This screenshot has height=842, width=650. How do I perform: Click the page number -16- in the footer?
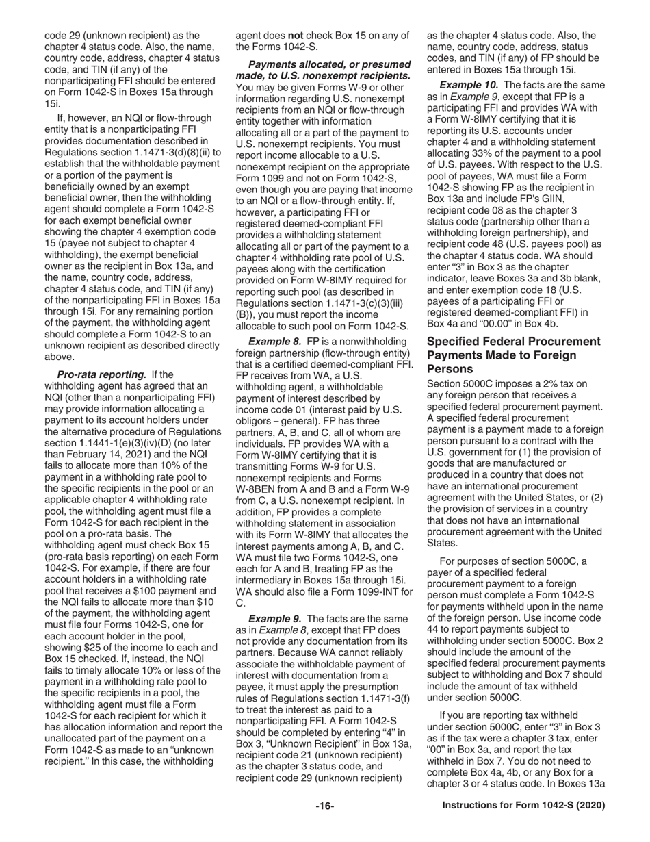pyautogui.click(x=324, y=806)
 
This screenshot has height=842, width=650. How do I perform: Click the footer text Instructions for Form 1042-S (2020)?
pyautogui.click(x=523, y=806)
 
